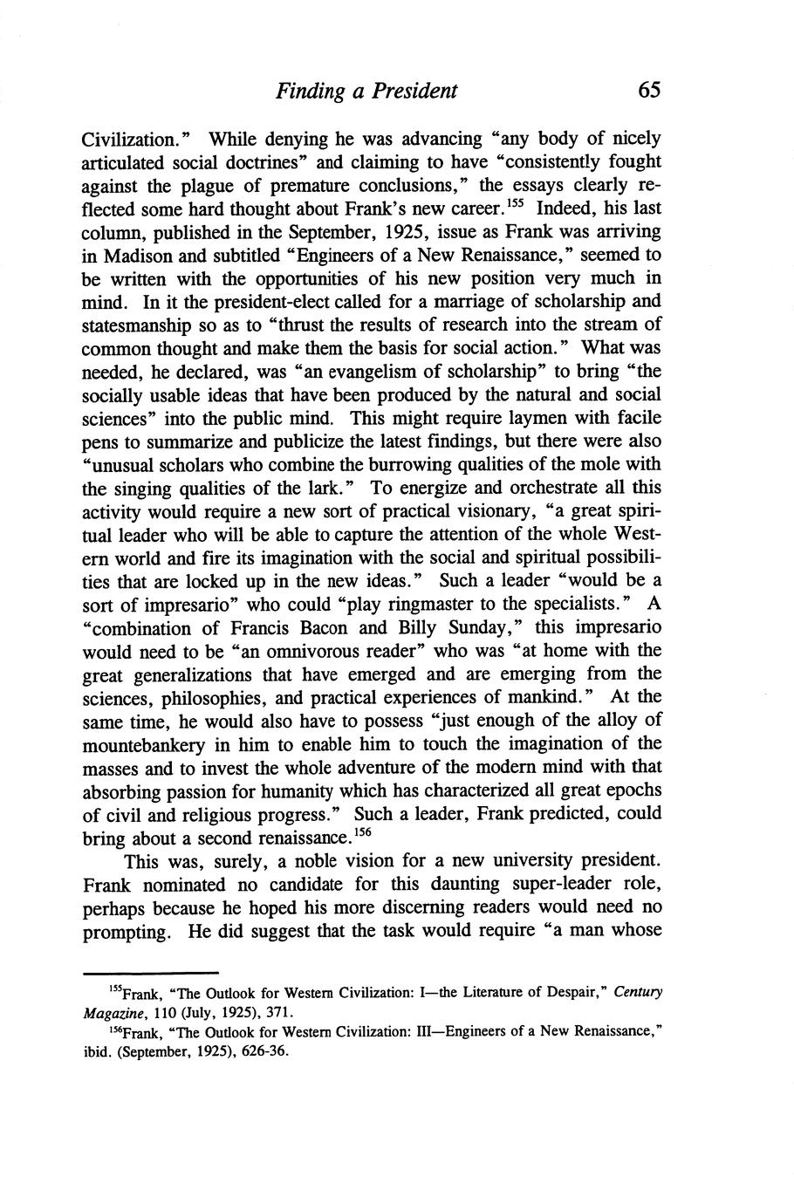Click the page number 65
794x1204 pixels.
pyautogui.click(x=649, y=90)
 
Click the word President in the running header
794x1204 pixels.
pyautogui.click(x=413, y=91)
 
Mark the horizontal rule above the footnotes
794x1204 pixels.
pyautogui.click(x=149, y=973)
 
